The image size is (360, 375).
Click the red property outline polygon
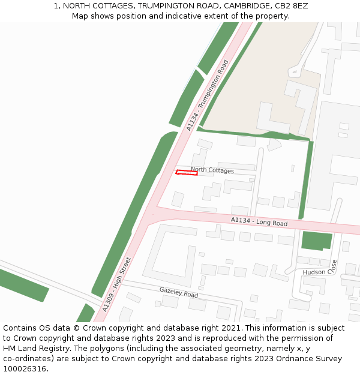[x=187, y=173]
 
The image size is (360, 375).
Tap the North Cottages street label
[x=212, y=170]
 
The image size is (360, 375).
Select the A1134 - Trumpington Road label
[x=208, y=95]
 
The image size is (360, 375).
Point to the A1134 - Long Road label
[x=259, y=222]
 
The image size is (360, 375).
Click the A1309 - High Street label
[x=116, y=284]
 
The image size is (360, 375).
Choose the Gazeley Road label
[x=178, y=292]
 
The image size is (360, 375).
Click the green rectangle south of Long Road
[x=316, y=240]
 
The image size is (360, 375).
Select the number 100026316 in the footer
[x=25, y=369]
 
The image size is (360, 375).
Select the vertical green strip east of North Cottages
[x=306, y=180]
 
